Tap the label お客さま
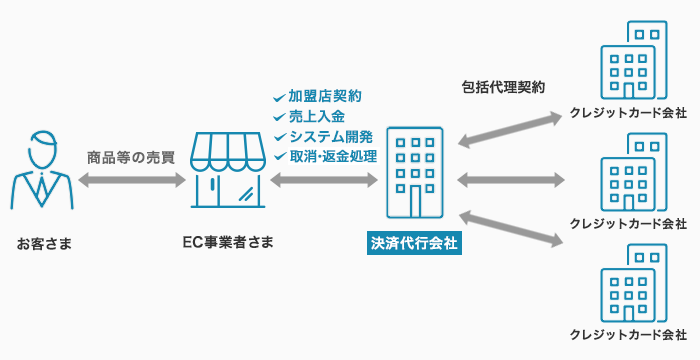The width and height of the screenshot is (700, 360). (44, 244)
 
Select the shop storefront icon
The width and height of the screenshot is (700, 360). (228, 170)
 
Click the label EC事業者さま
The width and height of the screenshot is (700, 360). (228, 242)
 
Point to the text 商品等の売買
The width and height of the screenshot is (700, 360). (131, 158)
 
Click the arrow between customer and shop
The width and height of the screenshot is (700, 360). (132, 180)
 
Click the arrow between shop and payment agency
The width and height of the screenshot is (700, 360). (324, 180)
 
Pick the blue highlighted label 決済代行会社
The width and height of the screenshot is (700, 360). (414, 243)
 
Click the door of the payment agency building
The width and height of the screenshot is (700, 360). (416, 201)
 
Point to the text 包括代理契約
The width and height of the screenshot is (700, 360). (503, 87)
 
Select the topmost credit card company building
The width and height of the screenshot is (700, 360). (633, 60)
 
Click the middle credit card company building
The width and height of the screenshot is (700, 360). (633, 172)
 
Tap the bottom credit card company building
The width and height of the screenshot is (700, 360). (633, 283)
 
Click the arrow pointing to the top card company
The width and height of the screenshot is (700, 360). (509, 130)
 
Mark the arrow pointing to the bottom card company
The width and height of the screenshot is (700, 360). (510, 229)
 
